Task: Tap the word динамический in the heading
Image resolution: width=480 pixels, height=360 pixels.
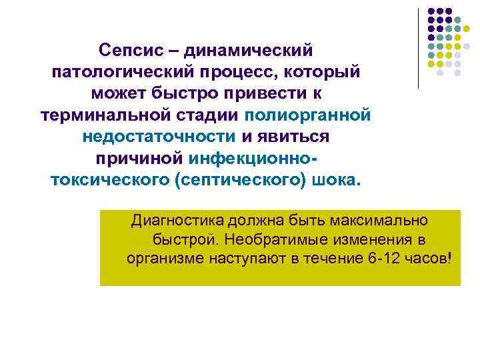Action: (248, 50)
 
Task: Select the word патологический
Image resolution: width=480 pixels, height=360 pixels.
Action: (127, 72)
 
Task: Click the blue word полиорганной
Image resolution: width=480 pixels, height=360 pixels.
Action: (307, 115)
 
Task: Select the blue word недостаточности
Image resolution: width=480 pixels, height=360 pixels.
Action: (159, 137)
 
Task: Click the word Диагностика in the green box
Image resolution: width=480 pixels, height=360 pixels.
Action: (177, 220)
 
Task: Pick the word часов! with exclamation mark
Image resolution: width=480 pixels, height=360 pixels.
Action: (431, 257)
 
